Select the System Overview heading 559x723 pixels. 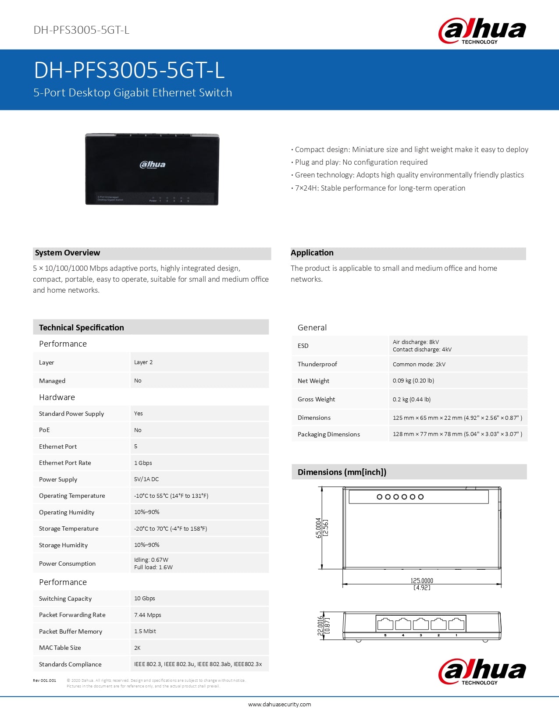tap(68, 253)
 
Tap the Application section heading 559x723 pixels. tap(312, 253)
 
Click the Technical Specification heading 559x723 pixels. tap(81, 328)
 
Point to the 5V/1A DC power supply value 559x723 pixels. tap(146, 479)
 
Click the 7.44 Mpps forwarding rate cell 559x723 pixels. tap(148, 615)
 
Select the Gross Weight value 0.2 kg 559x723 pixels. tap(411, 399)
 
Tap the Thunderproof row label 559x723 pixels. tap(317, 364)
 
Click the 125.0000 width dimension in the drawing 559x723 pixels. tap(422, 581)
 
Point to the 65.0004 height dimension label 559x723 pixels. tap(319, 528)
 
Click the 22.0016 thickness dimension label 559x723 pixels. tap(320, 626)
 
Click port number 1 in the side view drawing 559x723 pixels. tap(456, 635)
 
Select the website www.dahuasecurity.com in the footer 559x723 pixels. tap(279, 705)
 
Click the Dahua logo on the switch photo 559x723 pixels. tap(152, 165)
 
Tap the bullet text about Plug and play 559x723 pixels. tap(361, 162)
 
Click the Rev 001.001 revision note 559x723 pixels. tap(44, 680)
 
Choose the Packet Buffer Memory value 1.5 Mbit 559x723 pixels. tap(145, 631)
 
